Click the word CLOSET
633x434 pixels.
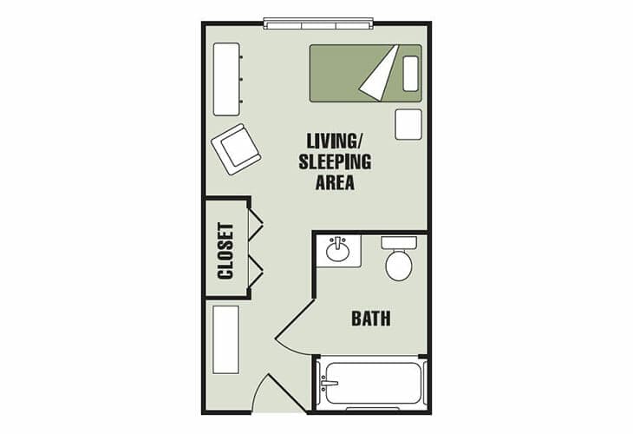[225, 251]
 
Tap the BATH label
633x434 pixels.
[371, 319]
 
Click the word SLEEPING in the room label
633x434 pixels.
[335, 161]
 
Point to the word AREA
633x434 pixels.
[335, 182]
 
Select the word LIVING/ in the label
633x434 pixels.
[335, 141]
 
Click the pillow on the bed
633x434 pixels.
[410, 74]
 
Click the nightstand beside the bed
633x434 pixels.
[408, 124]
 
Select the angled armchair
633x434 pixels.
[236, 149]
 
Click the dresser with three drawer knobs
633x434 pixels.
[227, 79]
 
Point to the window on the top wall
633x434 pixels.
[318, 23]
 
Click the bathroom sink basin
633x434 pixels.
[337, 252]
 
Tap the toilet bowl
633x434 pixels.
[399, 265]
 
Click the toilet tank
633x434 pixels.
[399, 243]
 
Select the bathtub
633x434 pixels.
[371, 383]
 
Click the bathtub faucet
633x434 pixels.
[328, 383]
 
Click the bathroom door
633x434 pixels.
[295, 319]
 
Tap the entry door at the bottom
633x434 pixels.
[288, 393]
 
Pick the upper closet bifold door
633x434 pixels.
[255, 223]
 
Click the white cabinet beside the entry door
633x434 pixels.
[226, 339]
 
